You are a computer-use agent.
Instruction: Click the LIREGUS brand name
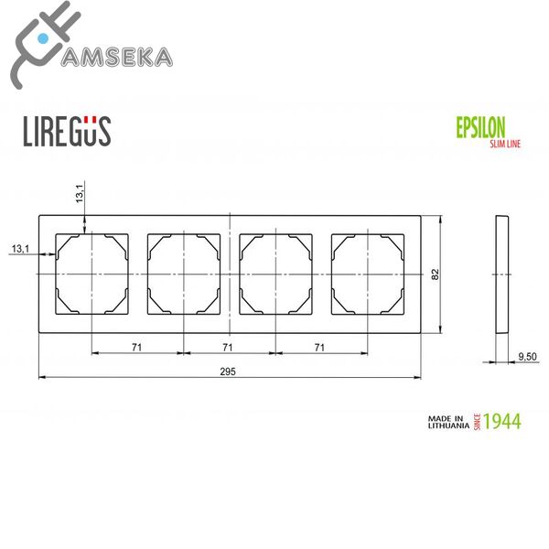66,130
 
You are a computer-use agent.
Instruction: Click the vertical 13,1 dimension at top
80,193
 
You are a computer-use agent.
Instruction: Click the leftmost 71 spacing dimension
136,348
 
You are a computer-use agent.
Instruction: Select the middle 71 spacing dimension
228,348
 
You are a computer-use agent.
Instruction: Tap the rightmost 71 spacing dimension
319,348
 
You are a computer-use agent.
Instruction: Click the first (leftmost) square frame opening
91,274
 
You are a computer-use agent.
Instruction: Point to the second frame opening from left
183,274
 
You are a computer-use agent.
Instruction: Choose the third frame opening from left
274,274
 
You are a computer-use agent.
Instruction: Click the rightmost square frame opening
366,274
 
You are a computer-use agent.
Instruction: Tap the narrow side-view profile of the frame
501,274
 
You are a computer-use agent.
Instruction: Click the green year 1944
501,422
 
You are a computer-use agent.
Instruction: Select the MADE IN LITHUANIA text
448,422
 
